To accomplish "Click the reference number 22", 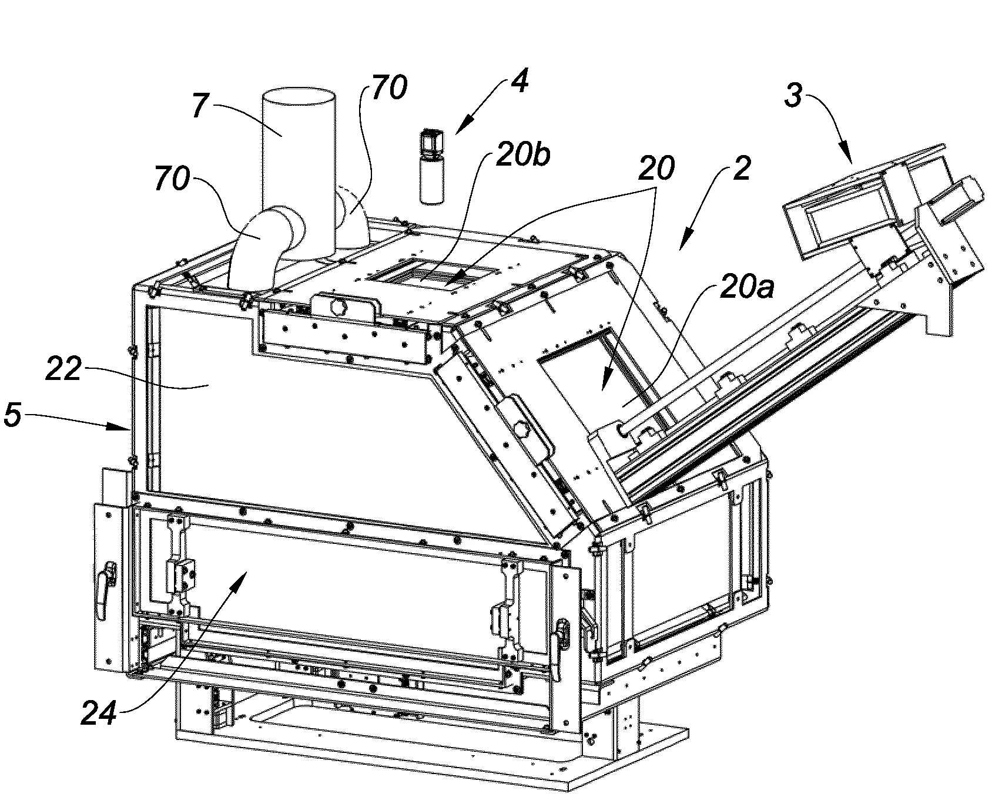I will coord(63,370).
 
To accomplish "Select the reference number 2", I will coord(741,169).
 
